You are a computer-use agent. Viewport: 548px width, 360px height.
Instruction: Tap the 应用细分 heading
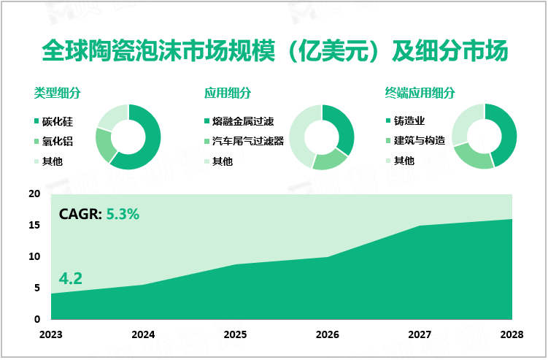pos(228,93)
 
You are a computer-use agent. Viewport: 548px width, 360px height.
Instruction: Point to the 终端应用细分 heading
pos(420,93)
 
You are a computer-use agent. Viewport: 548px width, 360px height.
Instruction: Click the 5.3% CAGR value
pos(123,215)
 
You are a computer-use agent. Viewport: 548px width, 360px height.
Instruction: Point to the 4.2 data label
pos(70,278)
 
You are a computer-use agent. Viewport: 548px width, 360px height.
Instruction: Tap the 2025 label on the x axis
pos(235,334)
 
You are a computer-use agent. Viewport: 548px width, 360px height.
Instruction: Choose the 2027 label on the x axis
pos(420,334)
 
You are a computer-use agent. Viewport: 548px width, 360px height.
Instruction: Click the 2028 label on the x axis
pos(512,334)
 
